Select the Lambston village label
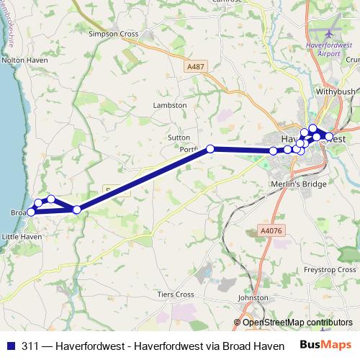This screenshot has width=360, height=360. (170, 105)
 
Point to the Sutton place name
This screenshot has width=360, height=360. (179, 137)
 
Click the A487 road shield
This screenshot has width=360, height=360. (194, 66)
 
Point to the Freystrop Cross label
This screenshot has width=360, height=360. (329, 270)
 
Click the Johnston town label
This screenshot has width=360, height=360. (253, 297)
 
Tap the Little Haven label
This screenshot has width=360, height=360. (22, 236)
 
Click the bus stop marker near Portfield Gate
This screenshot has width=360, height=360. (210, 149)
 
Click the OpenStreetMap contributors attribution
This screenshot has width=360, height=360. (297, 323)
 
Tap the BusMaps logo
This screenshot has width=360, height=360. (325, 345)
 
